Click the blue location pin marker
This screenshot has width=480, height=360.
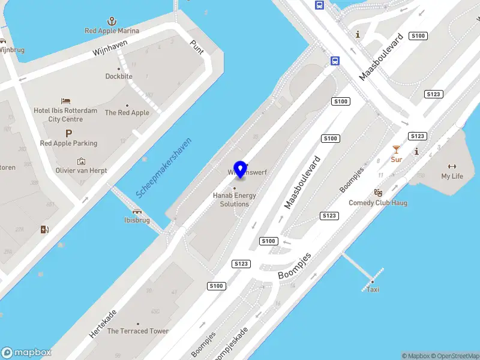click(x=240, y=169)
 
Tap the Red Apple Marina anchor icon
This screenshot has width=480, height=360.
click(x=111, y=21)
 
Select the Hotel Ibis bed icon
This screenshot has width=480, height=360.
click(x=66, y=101)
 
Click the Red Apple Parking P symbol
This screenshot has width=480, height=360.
click(x=68, y=134)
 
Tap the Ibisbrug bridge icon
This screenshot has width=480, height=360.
click(x=137, y=211)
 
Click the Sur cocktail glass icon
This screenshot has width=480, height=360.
click(x=396, y=149)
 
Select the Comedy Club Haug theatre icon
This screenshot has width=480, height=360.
click(x=378, y=193)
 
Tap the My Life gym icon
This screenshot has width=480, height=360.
click(x=452, y=166)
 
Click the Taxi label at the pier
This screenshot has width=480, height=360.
click(x=373, y=289)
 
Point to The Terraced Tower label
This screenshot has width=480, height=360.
click(x=138, y=331)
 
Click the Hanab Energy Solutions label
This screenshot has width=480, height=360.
click(x=234, y=200)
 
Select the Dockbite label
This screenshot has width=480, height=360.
click(x=119, y=76)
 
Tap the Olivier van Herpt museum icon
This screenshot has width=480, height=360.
click(x=82, y=161)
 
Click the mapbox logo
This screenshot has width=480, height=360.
click(x=26, y=353)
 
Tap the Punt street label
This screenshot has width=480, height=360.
click(x=197, y=46)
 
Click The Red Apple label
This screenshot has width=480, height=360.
click(x=127, y=112)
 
